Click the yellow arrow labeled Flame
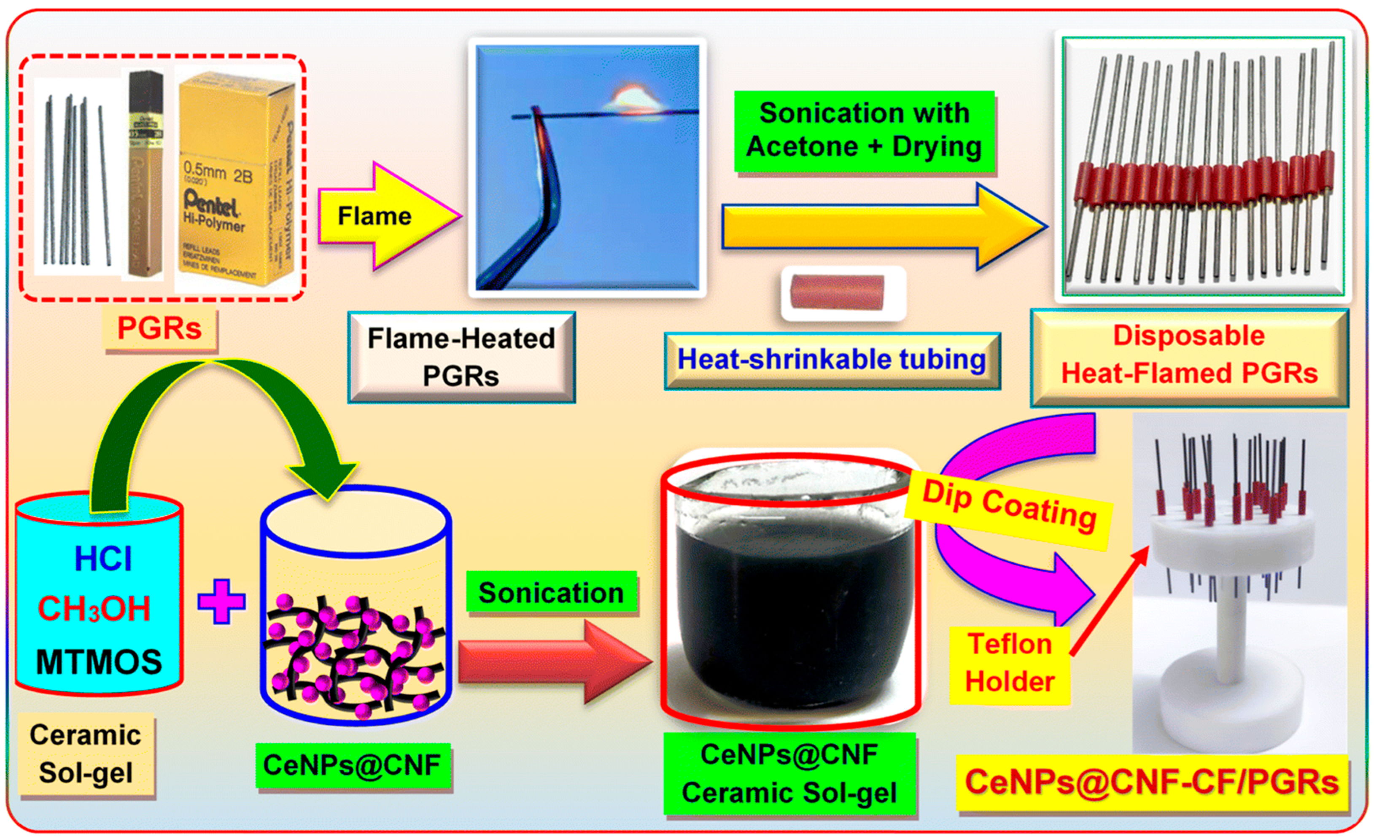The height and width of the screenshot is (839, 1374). [x=385, y=216]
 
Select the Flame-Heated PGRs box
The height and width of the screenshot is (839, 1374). [x=461, y=357]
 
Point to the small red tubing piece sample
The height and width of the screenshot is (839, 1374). [x=838, y=292]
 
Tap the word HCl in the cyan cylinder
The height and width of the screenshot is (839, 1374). [x=103, y=559]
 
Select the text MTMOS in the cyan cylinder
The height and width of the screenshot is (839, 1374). [x=99, y=662]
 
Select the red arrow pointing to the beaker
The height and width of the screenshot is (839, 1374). [x=552, y=662]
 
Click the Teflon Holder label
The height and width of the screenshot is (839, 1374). [x=1009, y=663]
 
